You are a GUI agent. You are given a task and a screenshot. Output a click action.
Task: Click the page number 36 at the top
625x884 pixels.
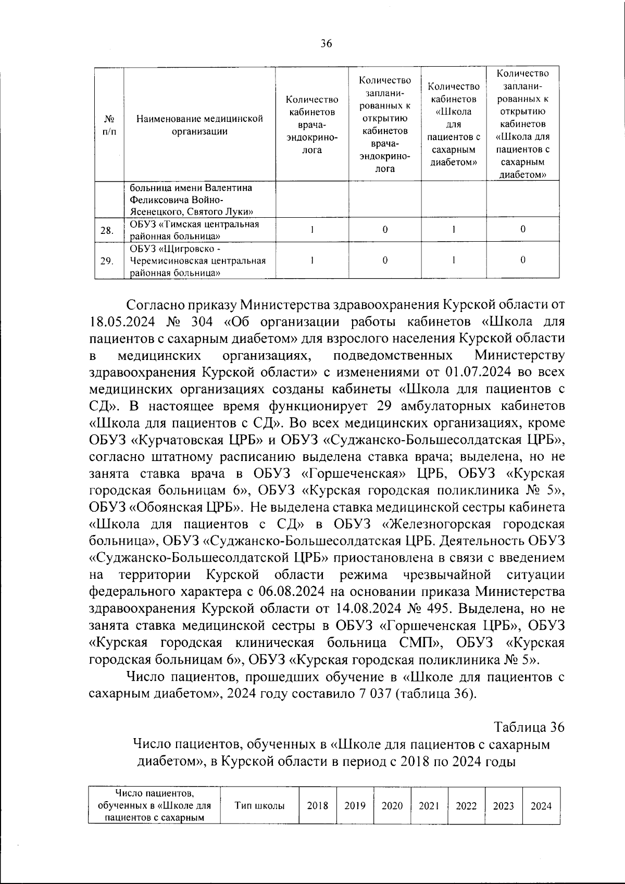(x=326, y=44)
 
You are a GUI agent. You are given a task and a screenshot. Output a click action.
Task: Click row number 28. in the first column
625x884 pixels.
(x=107, y=230)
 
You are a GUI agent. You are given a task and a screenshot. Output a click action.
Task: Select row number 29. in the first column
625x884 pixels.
(x=107, y=260)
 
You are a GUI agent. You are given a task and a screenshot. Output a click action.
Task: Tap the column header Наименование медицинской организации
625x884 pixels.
(x=199, y=125)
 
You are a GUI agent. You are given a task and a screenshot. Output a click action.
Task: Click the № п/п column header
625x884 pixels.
(x=109, y=125)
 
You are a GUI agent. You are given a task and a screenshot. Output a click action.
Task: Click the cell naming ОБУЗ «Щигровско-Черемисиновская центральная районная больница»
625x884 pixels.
(x=198, y=260)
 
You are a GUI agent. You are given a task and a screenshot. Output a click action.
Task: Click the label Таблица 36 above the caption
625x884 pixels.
(x=529, y=727)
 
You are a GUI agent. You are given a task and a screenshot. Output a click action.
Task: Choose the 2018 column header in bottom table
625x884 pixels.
(x=317, y=806)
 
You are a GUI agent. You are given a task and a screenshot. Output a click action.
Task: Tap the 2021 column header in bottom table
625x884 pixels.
(x=429, y=806)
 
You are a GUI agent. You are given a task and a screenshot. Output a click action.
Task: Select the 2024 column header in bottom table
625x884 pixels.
(x=541, y=806)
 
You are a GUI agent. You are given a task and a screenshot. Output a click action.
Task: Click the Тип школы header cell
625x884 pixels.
(x=259, y=806)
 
